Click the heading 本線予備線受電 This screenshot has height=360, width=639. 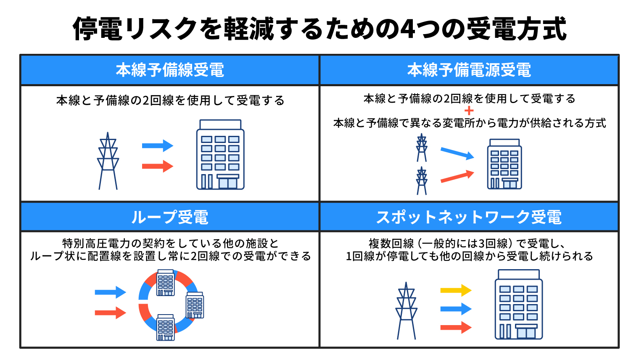[170, 70]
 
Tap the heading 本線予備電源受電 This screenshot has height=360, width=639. [469, 70]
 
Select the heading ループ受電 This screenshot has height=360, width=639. [170, 217]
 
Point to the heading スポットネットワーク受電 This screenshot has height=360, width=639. [469, 217]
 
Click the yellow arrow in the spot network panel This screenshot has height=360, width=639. [456, 290]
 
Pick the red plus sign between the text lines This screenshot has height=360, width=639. [469, 111]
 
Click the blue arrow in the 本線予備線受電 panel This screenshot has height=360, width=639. [158, 146]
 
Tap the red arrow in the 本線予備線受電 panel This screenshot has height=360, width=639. [158, 166]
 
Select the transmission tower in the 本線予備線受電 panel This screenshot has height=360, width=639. [108, 161]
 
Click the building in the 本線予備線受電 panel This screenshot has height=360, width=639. [220, 154]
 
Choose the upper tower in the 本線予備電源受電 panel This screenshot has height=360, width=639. [422, 148]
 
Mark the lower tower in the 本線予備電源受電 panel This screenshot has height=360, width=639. [422, 181]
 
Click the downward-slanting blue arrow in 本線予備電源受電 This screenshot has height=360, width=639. [457, 154]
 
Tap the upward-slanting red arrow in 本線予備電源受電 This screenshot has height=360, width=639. [457, 176]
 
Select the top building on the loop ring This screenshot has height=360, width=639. [166, 283]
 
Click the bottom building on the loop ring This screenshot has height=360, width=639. [166, 328]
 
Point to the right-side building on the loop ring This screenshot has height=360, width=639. [195, 305]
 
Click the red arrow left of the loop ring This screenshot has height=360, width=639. [111, 313]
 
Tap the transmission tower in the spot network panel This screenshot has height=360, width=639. [406, 311]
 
